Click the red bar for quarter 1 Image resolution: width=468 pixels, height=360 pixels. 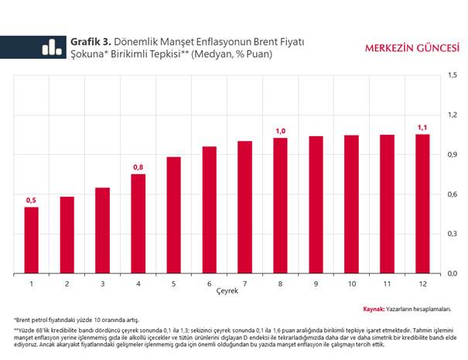click(32, 240)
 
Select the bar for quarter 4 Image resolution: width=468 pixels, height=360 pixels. click(138, 224)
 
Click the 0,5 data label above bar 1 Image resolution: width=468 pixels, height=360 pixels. click(32, 201)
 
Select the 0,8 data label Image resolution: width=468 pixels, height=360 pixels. click(138, 167)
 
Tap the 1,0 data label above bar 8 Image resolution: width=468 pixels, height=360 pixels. click(280, 131)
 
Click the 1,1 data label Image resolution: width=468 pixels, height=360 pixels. click(422, 127)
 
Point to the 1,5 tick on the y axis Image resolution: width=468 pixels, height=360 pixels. click(452, 76)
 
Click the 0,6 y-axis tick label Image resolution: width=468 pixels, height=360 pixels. click(452, 194)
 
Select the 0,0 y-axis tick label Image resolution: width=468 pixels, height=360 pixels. click(452, 273)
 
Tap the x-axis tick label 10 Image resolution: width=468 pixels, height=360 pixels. click(351, 284)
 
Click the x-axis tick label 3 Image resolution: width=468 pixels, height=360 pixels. click(102, 284)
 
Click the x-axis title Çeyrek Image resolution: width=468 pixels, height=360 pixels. click(227, 294)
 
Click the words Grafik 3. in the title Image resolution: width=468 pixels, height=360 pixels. click(91, 41)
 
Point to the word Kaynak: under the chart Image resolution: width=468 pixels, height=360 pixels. click(374, 308)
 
